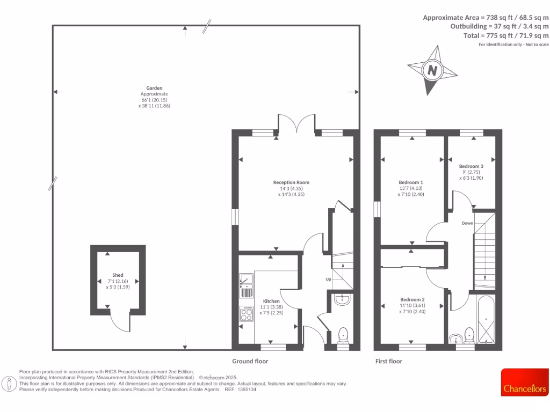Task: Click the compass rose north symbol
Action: click(431, 70)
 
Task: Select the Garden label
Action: click(154, 88)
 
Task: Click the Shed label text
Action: click(118, 275)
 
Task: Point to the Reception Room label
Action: click(291, 182)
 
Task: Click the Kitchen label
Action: click(271, 301)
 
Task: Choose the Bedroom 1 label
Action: click(411, 182)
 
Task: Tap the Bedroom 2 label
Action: click(412, 299)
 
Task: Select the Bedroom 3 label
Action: click(471, 166)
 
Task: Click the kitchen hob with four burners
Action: click(247, 314)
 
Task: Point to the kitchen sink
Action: click(246, 280)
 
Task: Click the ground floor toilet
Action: click(344, 336)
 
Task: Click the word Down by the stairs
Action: click(467, 223)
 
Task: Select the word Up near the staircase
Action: click(328, 279)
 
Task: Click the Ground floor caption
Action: click(250, 362)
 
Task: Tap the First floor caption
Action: click(388, 362)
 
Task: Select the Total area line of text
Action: click(506, 35)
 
